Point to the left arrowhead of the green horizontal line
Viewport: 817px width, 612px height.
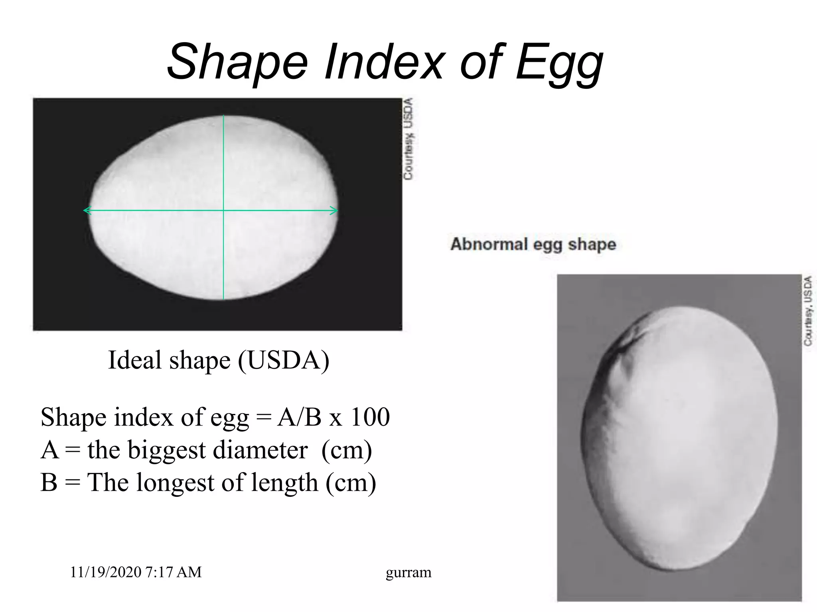coord(85,210)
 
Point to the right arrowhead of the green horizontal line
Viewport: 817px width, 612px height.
coord(336,210)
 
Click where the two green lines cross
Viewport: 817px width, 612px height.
coord(223,210)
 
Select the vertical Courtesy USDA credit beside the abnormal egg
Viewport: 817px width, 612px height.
coord(808,310)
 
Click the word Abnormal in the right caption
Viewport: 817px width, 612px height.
coord(489,244)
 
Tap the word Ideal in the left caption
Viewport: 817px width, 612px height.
coord(135,360)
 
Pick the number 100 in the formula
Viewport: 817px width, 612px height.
coord(370,417)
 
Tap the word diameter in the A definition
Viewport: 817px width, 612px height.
coord(260,450)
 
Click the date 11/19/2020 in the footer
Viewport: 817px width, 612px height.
coord(105,572)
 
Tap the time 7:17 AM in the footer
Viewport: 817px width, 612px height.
coord(174,572)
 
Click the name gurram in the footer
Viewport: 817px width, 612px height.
coord(408,573)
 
